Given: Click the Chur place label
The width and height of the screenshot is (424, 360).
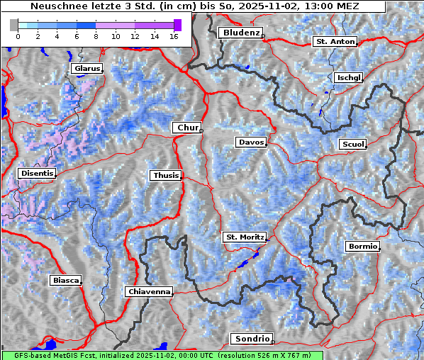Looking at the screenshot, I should (188, 128).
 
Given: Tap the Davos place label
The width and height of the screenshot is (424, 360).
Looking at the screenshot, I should (251, 142).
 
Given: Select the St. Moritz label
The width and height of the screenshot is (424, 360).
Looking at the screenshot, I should (245, 237).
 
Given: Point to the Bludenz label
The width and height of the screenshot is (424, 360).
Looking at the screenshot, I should (240, 33).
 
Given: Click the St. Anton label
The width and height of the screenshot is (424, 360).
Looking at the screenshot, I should (335, 42).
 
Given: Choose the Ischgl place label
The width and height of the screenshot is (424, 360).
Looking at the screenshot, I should (348, 77).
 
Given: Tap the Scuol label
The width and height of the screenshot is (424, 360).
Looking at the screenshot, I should (352, 145).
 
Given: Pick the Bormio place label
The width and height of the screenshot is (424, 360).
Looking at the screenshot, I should (363, 247).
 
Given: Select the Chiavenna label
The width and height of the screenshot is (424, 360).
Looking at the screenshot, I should (149, 291).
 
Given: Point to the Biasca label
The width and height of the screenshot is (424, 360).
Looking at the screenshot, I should (66, 281).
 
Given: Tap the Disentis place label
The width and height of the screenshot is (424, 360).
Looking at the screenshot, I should (36, 173).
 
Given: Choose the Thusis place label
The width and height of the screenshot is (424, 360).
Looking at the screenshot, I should (165, 175).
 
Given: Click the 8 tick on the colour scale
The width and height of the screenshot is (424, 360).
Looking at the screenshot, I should (96, 36).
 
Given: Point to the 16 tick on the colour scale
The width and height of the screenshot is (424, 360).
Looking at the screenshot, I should (173, 36).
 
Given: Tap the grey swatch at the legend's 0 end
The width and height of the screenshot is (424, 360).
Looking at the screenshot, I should (14, 25).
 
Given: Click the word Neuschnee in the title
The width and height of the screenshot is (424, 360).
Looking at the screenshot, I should (54, 6).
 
